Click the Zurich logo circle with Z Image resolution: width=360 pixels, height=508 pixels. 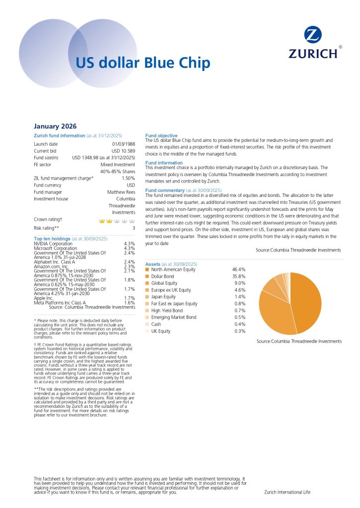point(313,35)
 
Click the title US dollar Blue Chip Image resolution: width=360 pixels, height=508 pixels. point(143,63)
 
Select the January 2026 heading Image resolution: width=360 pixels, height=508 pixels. point(55,126)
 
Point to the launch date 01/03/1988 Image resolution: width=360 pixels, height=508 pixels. point(123,144)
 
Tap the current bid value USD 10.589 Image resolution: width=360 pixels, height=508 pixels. point(123,151)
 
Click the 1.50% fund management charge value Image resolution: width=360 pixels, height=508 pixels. point(128,178)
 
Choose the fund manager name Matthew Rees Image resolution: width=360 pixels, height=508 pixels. point(121,192)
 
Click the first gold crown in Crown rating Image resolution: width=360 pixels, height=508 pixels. point(102,221)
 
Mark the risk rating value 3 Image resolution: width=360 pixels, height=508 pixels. point(134,228)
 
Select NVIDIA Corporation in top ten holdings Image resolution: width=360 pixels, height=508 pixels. point(53,244)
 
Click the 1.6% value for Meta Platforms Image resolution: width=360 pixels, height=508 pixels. point(129,303)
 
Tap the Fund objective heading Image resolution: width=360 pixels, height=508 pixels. point(161,136)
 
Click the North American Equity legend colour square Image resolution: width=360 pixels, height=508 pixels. point(147,270)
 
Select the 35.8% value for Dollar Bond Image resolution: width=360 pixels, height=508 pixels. point(239,276)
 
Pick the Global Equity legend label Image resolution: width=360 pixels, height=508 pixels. point(164,283)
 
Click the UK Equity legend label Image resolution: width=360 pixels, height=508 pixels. point(161,331)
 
